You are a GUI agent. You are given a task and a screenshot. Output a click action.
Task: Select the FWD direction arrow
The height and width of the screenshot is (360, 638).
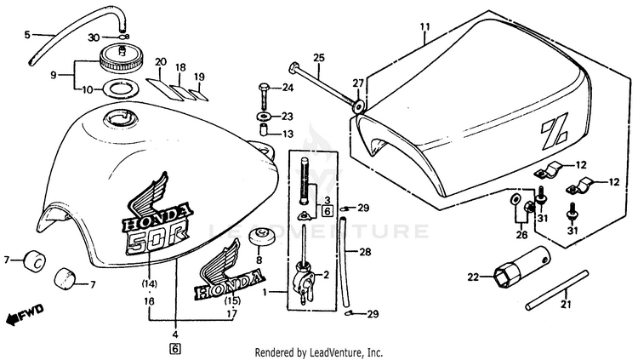pos(26,314)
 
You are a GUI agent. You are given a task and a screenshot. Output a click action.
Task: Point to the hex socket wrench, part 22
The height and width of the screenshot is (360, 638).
pos(521,266)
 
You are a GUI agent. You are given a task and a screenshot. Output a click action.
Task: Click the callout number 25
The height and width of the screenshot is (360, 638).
pos(319,58)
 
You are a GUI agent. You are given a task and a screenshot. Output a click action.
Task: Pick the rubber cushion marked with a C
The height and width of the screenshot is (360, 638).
pos(35,261)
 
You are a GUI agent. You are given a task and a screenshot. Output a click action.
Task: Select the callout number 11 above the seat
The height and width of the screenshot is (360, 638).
pos(424,27)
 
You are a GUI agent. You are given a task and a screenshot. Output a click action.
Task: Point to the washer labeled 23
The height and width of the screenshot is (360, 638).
pos(264,117)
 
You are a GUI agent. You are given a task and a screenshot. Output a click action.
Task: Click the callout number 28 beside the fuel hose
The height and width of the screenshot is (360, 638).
pos(365,252)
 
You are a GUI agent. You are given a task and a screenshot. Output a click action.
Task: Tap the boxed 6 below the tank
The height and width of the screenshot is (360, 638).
pos(175,349)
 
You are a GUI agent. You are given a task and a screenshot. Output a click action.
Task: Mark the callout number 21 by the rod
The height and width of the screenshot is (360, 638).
pos(567,304)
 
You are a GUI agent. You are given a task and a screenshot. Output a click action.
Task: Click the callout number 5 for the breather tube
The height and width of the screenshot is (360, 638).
pos(27,35)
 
